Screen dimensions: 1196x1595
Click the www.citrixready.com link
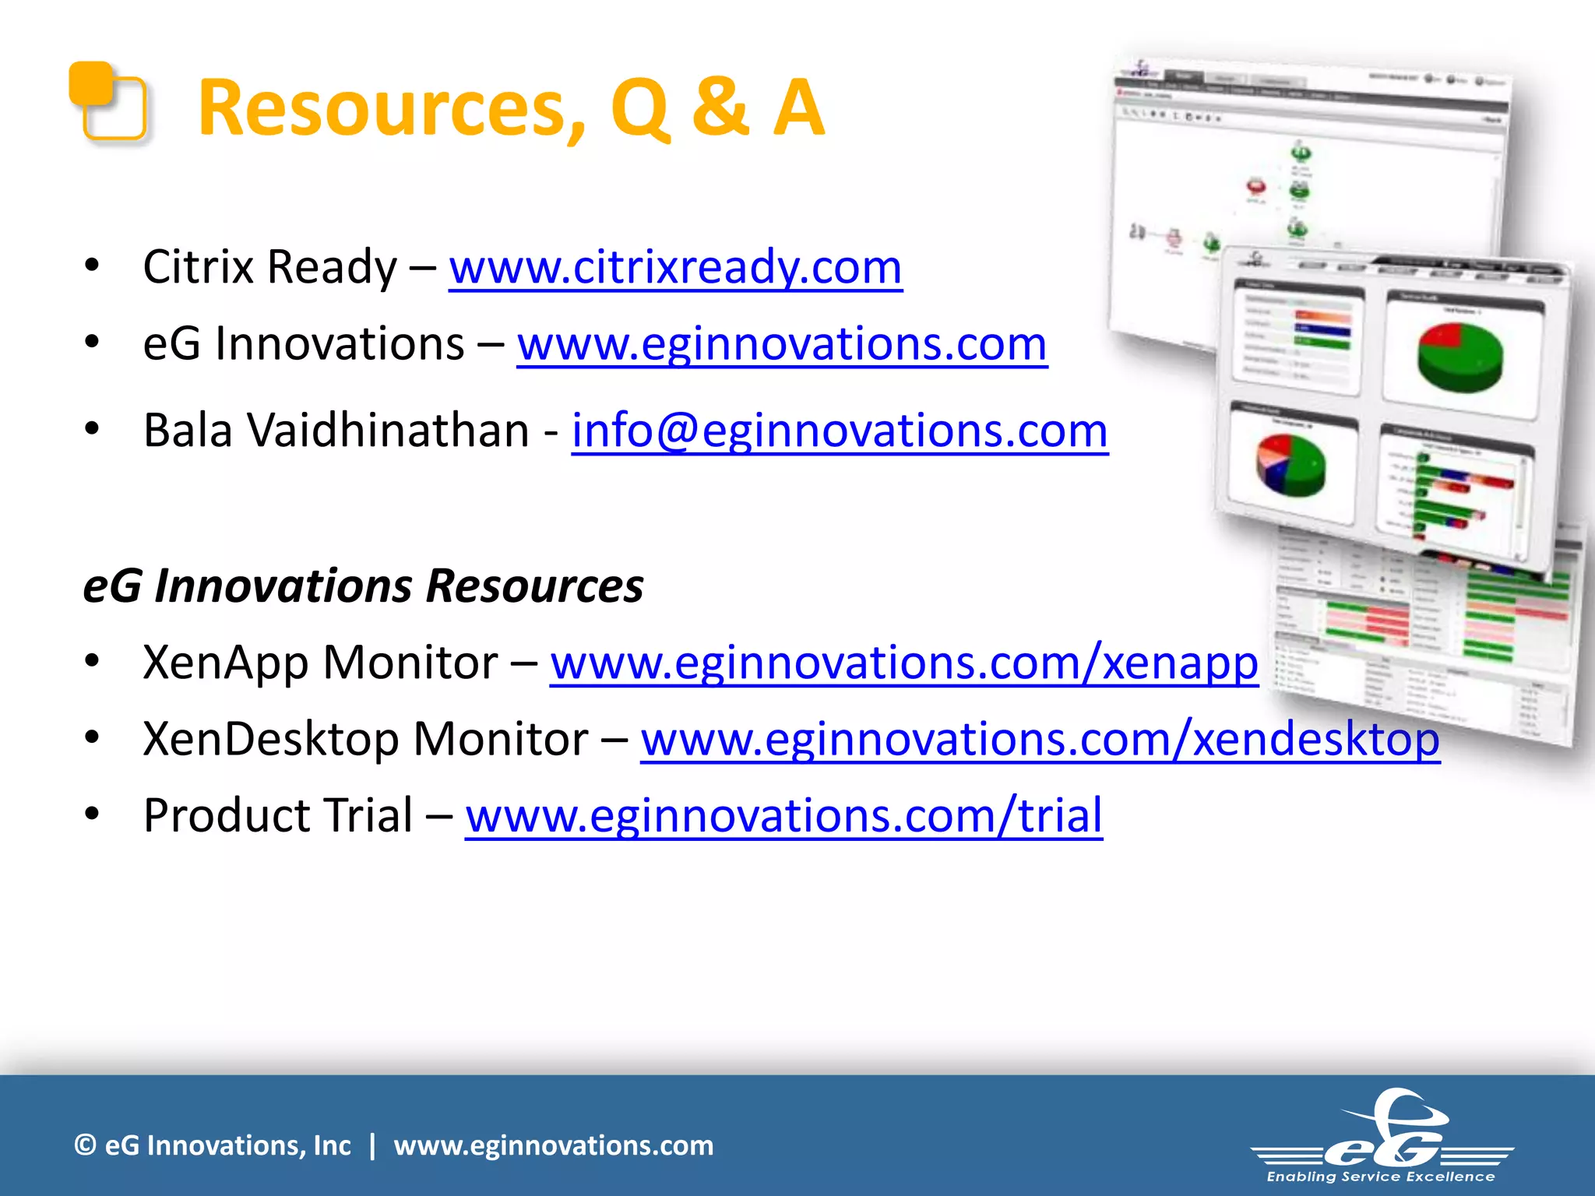click(675, 268)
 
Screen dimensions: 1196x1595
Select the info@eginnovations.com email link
click(840, 431)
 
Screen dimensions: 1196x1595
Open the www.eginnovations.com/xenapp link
click(903, 663)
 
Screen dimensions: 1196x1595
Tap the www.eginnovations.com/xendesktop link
click(1040, 740)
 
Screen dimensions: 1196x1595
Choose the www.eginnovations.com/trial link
click(783, 816)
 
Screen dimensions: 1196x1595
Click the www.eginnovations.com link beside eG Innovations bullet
click(782, 344)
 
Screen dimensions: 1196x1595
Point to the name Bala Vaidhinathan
click(336, 431)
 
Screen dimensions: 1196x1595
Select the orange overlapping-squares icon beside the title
click(107, 102)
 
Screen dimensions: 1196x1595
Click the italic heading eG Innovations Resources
click(363, 586)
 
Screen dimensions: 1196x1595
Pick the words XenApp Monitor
click(320, 663)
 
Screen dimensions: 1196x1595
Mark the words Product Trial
click(278, 816)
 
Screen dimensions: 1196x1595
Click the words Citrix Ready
click(269, 268)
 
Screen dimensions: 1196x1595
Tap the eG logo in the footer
click(1383, 1129)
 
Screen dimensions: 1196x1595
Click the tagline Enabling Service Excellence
click(1381, 1177)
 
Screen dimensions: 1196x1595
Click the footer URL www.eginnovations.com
click(553, 1145)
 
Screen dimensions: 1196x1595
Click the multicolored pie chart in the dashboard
click(1290, 465)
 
